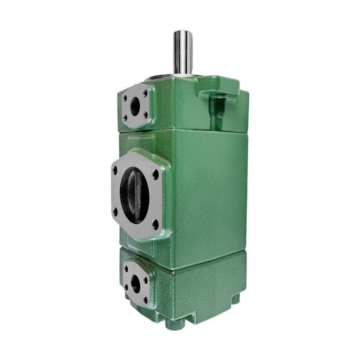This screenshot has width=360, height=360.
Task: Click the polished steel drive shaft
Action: (183, 52)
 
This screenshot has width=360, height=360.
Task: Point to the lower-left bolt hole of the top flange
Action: (126, 118)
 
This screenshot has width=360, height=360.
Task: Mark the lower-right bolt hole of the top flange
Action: (145, 115)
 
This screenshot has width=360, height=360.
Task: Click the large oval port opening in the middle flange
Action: (134, 195)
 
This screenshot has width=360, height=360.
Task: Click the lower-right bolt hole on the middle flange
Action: (155, 223)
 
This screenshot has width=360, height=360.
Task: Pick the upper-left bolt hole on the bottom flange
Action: (126, 269)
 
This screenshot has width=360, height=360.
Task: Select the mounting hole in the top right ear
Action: (221, 95)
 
